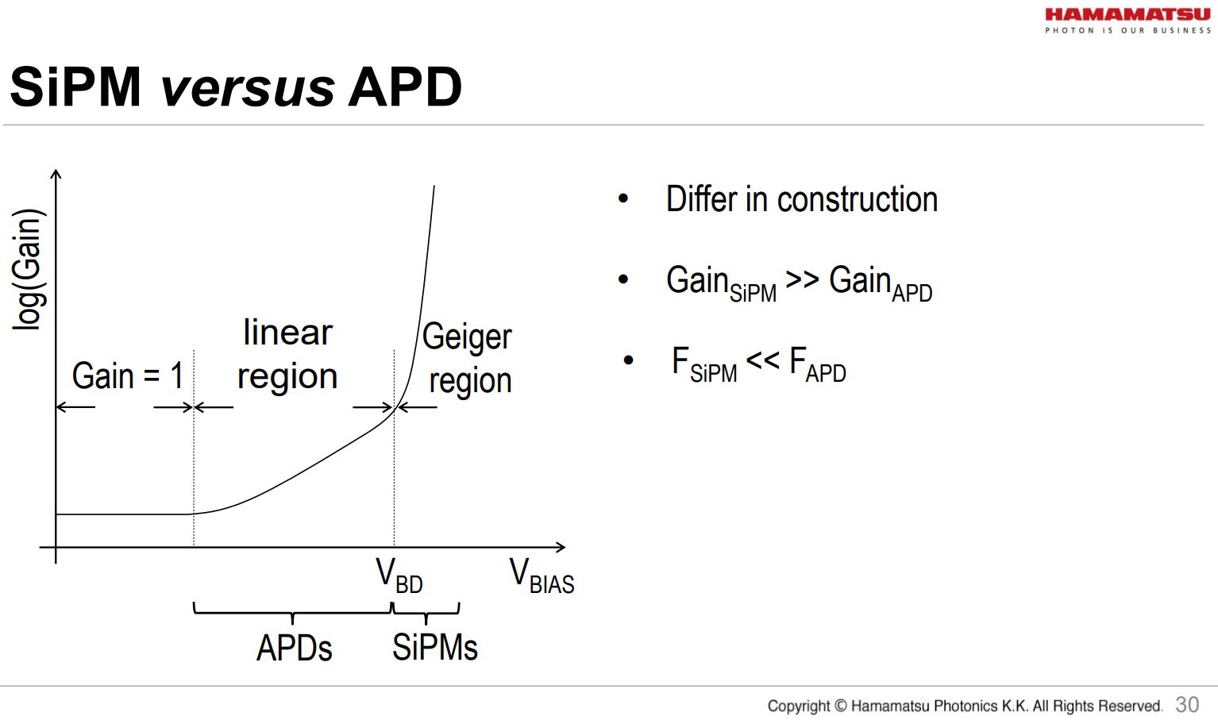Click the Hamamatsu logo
[x=1127, y=20]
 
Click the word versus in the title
[x=247, y=87]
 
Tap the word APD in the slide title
[x=405, y=87]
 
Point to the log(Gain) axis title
[x=28, y=268]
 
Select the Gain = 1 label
[x=127, y=375]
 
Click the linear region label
[x=287, y=354]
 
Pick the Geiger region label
[x=468, y=358]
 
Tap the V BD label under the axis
[x=399, y=576]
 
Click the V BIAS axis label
[x=542, y=576]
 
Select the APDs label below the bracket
[x=294, y=648]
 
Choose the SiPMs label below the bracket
[x=434, y=648]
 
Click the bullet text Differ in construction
[x=801, y=199]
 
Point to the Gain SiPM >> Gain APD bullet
[x=799, y=283]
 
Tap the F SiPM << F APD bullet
[x=758, y=364]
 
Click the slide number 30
[x=1187, y=704]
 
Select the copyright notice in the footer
[x=964, y=706]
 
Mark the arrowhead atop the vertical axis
[x=56, y=174]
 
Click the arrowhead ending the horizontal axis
[x=561, y=547]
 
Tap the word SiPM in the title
[x=75, y=87]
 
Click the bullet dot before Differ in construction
[x=623, y=199]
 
